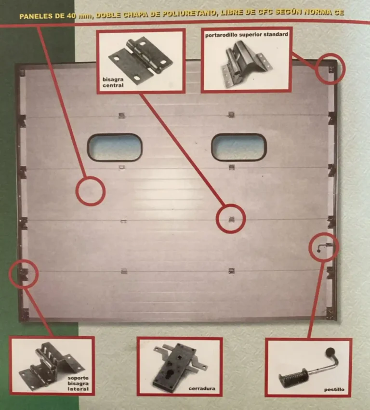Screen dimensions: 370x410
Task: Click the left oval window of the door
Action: click(115, 147)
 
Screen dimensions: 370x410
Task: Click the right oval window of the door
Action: click(238, 147)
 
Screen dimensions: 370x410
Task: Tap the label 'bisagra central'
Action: click(113, 82)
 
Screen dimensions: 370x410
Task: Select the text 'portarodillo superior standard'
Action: click(247, 35)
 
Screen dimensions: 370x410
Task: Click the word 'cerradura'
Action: click(202, 389)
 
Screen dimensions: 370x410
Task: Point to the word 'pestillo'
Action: click(334, 390)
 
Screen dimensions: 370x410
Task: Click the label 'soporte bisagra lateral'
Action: click(78, 383)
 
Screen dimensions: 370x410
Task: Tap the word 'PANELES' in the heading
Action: click(36, 16)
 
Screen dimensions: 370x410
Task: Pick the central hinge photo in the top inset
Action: click(141, 61)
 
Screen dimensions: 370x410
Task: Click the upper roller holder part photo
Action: click(247, 64)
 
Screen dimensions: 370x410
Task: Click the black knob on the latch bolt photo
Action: click(330, 352)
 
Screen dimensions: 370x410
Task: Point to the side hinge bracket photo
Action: click(51, 366)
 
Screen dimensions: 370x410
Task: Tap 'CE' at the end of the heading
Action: click(339, 12)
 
